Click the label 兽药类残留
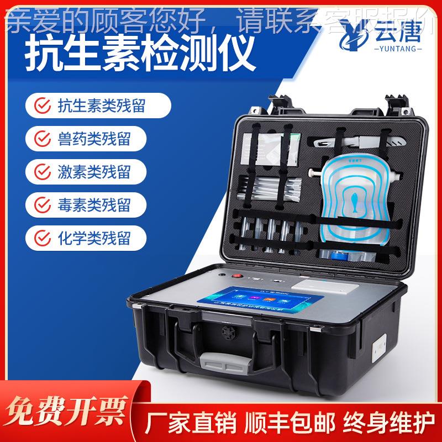[94, 138]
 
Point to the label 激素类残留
[94, 171]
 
